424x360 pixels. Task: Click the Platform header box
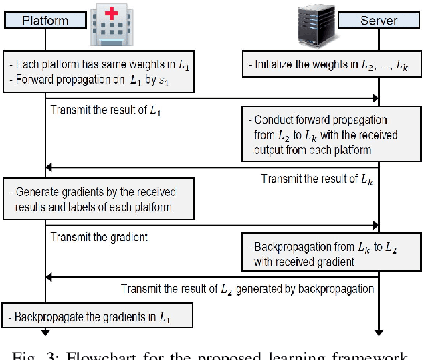(x=45, y=20)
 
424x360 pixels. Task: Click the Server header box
(x=379, y=20)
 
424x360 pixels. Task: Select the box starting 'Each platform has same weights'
(x=98, y=71)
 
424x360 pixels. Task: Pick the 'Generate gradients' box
(x=98, y=199)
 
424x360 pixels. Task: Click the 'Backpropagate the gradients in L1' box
(x=98, y=315)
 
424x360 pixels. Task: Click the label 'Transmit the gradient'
(x=99, y=237)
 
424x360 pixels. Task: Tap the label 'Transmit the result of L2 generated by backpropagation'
(x=247, y=289)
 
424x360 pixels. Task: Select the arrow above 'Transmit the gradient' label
(x=212, y=226)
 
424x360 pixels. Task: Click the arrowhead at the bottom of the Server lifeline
(x=379, y=332)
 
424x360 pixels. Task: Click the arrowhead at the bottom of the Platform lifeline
(x=45, y=332)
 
